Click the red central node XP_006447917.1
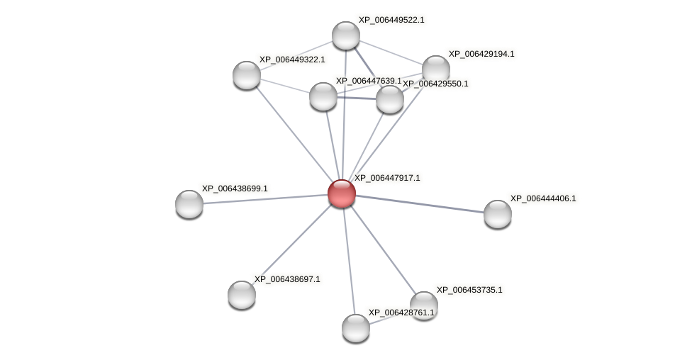point(341,193)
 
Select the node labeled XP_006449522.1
point(346,35)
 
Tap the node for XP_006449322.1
point(247,75)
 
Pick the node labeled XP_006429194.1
point(436,69)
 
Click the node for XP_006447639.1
point(323,96)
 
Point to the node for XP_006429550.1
point(390,99)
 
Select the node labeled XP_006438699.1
point(189,204)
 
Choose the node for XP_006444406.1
point(498,214)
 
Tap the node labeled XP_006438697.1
point(242,295)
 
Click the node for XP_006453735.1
point(424,305)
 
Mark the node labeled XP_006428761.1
point(356,328)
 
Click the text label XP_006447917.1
point(387,178)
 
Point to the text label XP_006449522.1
point(391,20)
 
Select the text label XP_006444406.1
point(543,198)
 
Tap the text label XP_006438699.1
point(235,189)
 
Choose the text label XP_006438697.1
point(287,279)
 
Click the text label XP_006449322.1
point(292,60)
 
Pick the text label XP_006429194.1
point(481,54)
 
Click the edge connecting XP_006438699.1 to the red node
point(265,198)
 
